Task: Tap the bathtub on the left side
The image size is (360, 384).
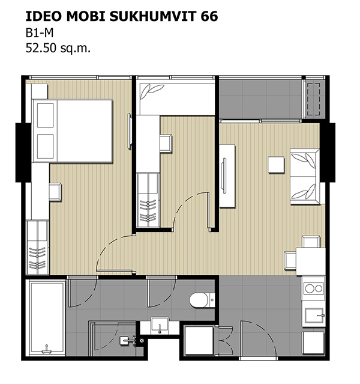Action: [x=47, y=318]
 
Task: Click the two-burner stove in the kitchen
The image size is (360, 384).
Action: [x=314, y=288]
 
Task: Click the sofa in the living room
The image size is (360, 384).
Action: [x=305, y=176]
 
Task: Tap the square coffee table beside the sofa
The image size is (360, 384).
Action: [x=276, y=165]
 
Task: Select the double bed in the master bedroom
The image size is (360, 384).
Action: [x=73, y=131]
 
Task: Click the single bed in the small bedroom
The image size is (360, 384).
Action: [x=176, y=99]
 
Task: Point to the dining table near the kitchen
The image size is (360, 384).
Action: [x=311, y=261]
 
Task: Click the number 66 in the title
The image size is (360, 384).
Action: [x=209, y=16]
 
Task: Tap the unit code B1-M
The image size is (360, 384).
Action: [x=40, y=33]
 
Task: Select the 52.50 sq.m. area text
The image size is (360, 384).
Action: [x=58, y=48]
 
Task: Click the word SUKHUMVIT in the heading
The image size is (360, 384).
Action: [x=154, y=16]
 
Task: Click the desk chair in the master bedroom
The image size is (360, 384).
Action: [x=55, y=192]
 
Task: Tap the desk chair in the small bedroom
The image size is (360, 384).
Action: [x=166, y=143]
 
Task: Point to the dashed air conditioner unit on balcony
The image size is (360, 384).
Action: [x=314, y=99]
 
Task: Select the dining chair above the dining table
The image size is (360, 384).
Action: [x=311, y=242]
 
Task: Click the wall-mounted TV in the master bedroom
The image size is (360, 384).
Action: [x=130, y=131]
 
